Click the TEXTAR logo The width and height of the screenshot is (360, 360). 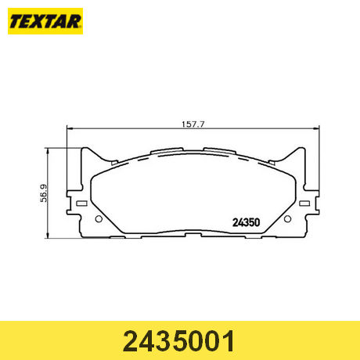click(x=45, y=21)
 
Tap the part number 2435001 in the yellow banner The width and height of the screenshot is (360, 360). click(x=179, y=341)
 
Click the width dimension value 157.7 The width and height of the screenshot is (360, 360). click(x=193, y=124)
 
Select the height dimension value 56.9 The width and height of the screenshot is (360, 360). click(x=44, y=193)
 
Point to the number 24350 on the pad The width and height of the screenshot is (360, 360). click(x=246, y=222)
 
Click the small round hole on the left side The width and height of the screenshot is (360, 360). click(x=99, y=219)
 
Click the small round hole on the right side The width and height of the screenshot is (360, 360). click(x=287, y=219)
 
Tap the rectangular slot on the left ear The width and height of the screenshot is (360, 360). click(x=81, y=203)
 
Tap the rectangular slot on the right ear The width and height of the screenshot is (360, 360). click(x=304, y=203)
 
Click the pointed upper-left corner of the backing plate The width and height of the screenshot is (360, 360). click(x=84, y=148)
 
